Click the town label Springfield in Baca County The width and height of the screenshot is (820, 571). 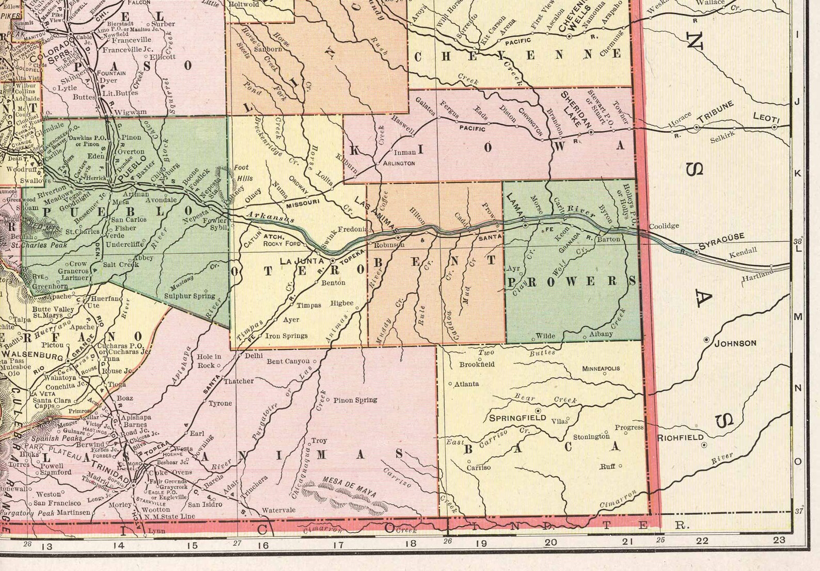coord(517,417)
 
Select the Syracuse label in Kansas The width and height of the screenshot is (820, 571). coord(722,241)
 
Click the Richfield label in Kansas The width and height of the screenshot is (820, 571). coord(680,438)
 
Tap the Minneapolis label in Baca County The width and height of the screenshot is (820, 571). coord(601,369)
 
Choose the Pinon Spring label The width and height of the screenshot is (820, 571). coord(355,400)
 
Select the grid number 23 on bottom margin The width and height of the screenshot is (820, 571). coord(779,540)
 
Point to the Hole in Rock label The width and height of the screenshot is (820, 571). coord(209,360)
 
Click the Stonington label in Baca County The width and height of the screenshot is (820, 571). coord(591,437)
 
